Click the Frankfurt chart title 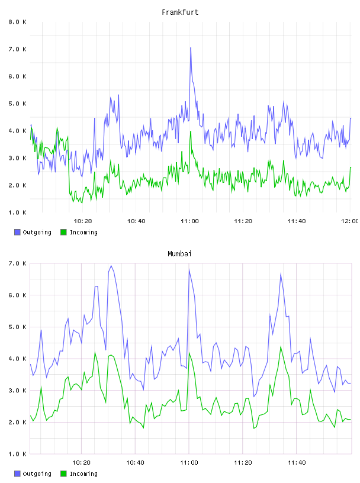[180, 12]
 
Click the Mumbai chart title [179, 254]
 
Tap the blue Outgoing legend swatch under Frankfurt [17, 232]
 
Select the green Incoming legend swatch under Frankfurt [63, 232]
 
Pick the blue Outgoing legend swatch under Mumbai [17, 474]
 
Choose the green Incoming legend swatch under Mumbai [63, 474]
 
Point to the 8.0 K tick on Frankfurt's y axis [17, 22]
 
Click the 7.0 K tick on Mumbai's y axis [17, 263]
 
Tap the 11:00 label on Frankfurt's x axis [189, 221]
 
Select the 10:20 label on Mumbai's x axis [81, 463]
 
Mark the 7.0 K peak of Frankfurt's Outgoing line [191, 48]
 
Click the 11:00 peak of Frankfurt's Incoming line [191, 131]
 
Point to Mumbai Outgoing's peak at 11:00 [189, 269]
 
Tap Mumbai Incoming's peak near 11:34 [281, 346]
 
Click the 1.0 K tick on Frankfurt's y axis [17, 212]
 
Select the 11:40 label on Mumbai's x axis [297, 463]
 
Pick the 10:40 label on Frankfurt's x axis [136, 221]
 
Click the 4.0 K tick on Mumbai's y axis [17, 359]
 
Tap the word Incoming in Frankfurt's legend [83, 233]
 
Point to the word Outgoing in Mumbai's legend [37, 474]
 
